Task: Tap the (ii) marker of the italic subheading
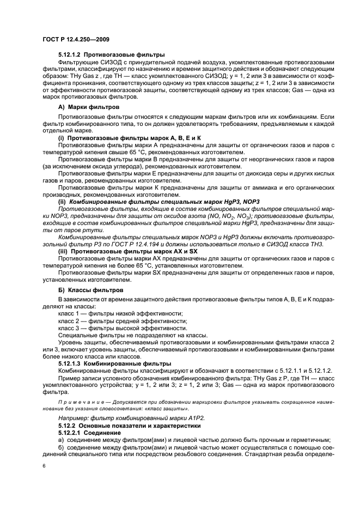coord(63,202)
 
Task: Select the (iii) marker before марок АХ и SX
coord(63,252)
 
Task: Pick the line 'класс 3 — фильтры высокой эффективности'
coord(115,328)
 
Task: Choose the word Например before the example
coord(72,416)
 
